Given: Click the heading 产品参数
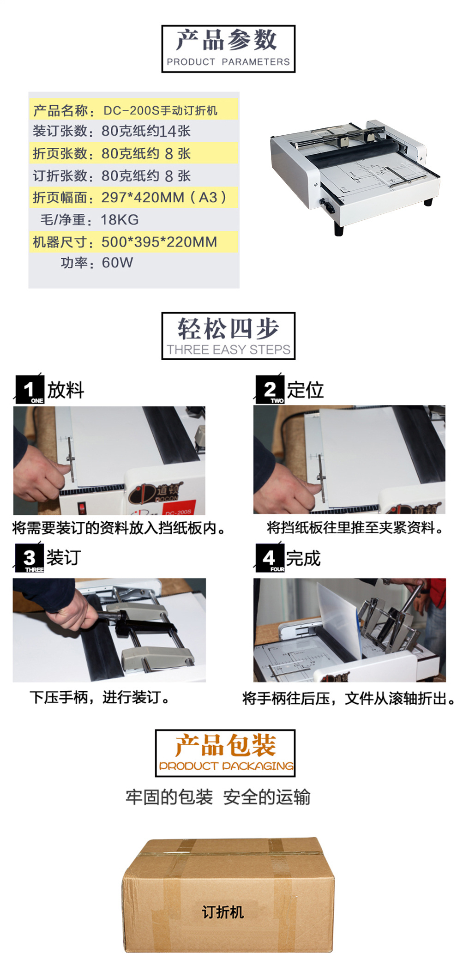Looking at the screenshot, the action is (226, 40).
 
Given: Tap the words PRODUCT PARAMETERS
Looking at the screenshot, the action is (228, 62).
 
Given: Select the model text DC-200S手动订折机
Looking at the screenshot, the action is (160, 111).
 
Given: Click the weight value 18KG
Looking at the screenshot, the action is (120, 220).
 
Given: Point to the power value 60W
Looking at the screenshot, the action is (117, 263).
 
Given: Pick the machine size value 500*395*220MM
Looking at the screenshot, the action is (159, 242).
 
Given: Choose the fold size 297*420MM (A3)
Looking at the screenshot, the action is (164, 198).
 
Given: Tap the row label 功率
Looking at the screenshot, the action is (74, 263).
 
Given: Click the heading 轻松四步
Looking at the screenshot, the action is (228, 329).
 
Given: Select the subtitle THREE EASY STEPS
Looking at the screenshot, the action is (228, 350).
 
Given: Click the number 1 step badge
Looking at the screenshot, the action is (30, 389).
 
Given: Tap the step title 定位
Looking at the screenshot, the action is (305, 390).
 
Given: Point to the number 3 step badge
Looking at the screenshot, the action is (30, 558).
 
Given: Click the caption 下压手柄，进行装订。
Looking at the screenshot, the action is (100, 697).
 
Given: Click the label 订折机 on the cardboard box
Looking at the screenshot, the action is (222, 912).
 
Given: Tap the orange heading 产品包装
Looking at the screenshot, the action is (225, 745).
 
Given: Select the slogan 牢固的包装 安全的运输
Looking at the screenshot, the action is (218, 797).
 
